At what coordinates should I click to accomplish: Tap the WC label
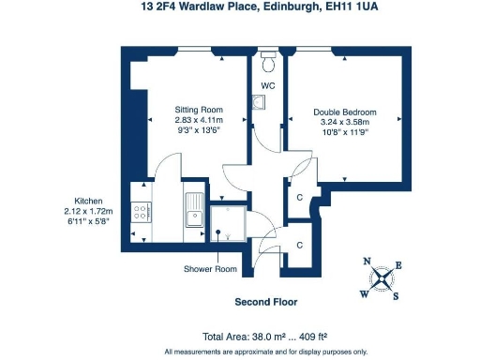click(268, 86)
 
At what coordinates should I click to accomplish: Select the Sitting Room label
click(198, 109)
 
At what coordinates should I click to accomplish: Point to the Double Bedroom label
click(345, 112)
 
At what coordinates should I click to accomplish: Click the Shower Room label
click(209, 269)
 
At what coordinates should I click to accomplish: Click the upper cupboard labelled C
click(300, 198)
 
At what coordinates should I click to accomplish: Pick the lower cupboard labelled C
click(300, 244)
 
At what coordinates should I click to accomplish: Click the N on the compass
click(367, 262)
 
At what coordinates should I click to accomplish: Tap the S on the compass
click(397, 297)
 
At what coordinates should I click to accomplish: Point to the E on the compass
click(398, 265)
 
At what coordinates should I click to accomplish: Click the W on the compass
click(366, 293)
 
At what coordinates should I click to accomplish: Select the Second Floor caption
click(265, 303)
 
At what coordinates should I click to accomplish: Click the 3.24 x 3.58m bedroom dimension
click(345, 122)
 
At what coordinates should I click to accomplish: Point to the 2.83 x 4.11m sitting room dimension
click(198, 119)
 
